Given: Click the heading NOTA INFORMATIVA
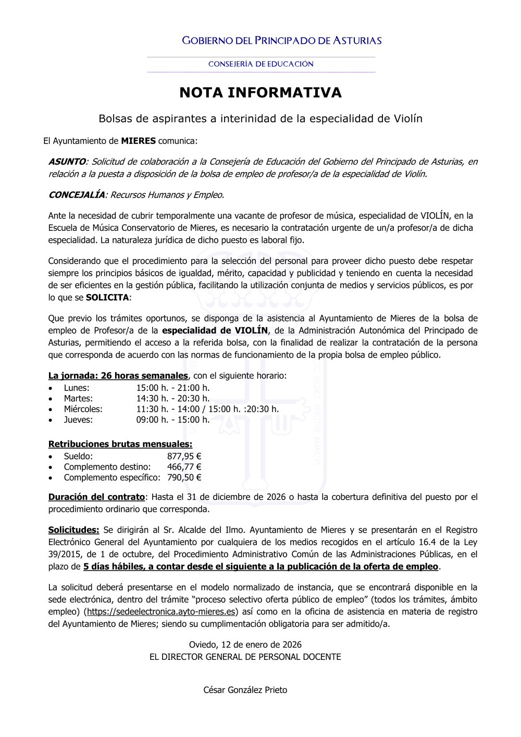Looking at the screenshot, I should click(260, 93).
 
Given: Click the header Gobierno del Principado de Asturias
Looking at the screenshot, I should click(281, 41).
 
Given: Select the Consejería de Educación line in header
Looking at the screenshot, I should click(260, 64).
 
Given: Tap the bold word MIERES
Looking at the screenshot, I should click(138, 141).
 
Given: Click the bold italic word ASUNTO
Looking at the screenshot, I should click(67, 162).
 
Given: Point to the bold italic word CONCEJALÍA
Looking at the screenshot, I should click(77, 195).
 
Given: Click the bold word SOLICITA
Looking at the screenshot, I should click(107, 298).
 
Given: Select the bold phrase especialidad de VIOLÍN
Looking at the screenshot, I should click(215, 330).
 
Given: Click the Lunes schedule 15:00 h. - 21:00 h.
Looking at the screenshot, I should click(173, 388).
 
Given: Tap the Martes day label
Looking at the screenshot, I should click(78, 399).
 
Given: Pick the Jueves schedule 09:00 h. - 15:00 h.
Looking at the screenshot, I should click(173, 420).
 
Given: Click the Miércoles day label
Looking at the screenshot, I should click(83, 409).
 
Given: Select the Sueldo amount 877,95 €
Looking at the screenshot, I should click(184, 457).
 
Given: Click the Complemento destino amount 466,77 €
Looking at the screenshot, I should click(184, 467).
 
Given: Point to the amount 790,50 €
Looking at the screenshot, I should click(184, 478).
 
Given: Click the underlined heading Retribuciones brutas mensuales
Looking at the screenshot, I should click(120, 445).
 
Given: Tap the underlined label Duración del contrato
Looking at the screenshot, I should click(96, 497).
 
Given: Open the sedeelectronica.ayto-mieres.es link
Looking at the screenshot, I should click(161, 612).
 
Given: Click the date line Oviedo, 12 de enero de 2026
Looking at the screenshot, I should click(245, 645).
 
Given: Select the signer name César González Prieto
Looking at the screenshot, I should click(245, 690).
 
